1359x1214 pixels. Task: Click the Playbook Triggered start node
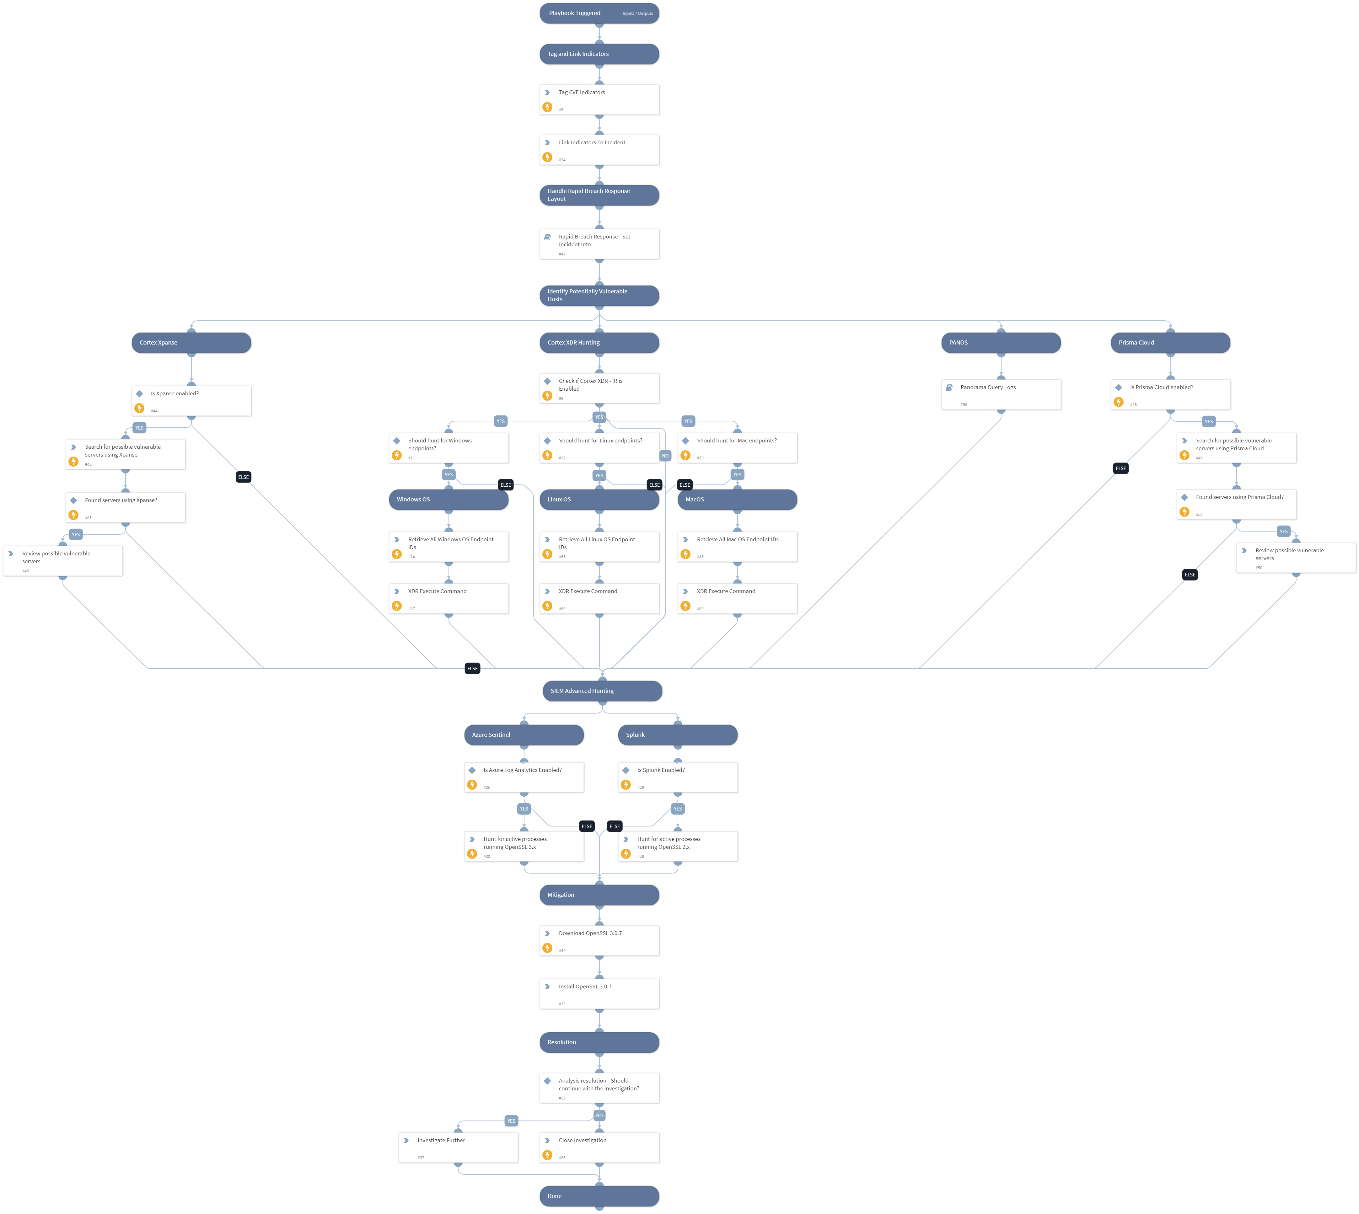click(x=599, y=13)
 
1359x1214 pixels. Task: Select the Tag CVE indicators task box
click(x=599, y=99)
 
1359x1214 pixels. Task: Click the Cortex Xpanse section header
click(x=191, y=343)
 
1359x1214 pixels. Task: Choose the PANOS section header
click(x=1000, y=343)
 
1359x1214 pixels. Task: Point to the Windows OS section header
click(x=448, y=500)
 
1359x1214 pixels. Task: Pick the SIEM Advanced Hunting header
click(x=602, y=691)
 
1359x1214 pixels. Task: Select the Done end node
click(x=599, y=1196)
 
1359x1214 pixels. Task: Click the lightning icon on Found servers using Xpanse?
click(x=73, y=515)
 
